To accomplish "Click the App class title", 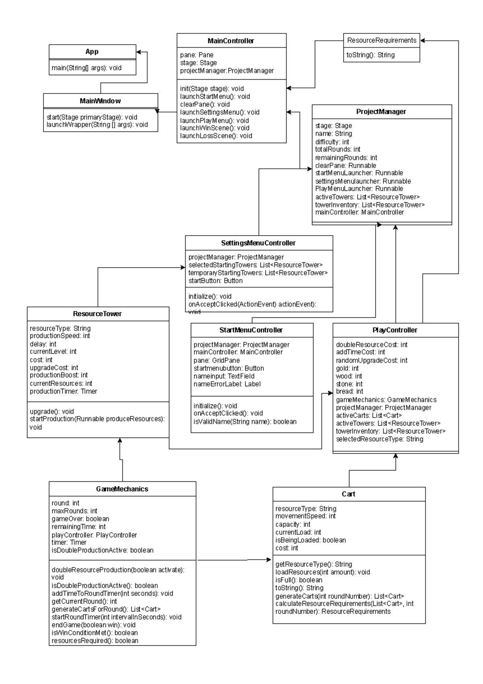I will coord(92,52).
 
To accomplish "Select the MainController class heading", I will coord(231,41).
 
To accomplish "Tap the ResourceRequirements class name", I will coord(382,40).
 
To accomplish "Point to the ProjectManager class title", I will coord(381,112).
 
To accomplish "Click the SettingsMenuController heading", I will coord(258,243).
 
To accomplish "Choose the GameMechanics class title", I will coord(122,489).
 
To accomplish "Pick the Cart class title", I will coord(349,494).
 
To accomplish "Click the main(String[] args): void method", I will coord(87,68).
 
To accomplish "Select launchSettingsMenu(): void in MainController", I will coord(220,112).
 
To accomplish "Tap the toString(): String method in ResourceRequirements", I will coord(370,55).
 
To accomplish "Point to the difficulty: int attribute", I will coord(332,142).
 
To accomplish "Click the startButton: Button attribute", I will coord(215,280).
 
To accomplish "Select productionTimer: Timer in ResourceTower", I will coord(63,391).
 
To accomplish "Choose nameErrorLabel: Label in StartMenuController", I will coord(227,384).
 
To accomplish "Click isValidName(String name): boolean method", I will coord(245,421).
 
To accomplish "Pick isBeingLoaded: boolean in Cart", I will coord(310,540).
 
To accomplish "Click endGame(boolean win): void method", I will coord(93,625).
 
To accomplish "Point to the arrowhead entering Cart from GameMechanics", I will coord(270,560).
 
